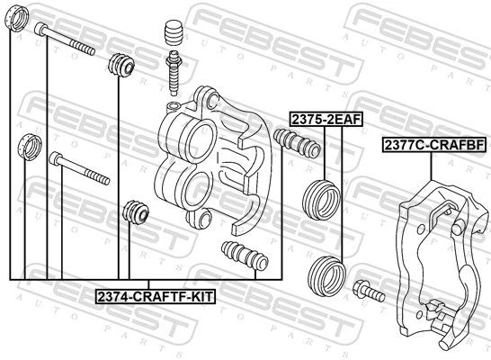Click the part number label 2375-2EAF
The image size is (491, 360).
[x=326, y=119]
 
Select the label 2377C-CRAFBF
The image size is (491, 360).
[x=433, y=145]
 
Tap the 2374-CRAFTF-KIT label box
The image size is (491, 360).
[x=156, y=296]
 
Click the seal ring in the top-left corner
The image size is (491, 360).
[x=17, y=19]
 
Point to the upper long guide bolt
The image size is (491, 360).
[x=64, y=39]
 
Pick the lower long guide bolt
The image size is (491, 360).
[x=79, y=168]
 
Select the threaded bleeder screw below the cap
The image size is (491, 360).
[x=173, y=73]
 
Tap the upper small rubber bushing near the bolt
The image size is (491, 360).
[x=121, y=65]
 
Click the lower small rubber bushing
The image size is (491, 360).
[x=136, y=212]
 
